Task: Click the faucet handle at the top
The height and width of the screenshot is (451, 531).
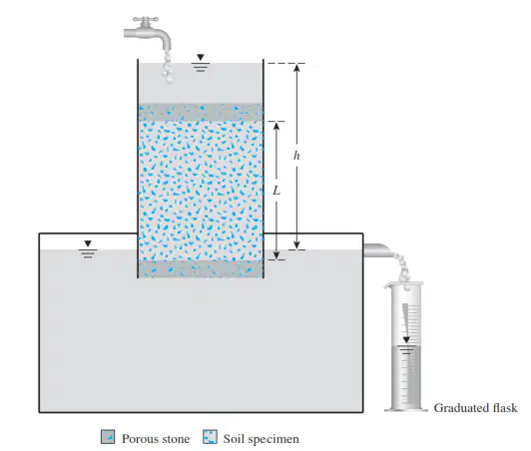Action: coord(146,20)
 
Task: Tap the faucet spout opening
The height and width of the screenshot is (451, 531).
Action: coord(167,49)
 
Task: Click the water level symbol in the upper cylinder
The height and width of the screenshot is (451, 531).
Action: coord(201,63)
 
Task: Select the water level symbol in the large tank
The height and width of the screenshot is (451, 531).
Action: coord(88,249)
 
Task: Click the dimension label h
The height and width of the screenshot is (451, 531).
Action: coord(296,156)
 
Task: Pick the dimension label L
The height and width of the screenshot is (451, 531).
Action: coord(276,192)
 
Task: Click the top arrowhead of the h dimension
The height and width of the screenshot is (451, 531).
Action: coord(296,68)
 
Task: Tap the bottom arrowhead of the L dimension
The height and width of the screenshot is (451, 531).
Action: coord(276,255)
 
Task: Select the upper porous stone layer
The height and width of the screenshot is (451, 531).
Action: coord(201,113)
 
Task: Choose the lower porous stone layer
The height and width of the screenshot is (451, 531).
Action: coord(201,268)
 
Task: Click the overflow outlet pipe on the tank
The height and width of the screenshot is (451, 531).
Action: coord(377,250)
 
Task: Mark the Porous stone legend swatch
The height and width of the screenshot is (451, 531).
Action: coord(108,437)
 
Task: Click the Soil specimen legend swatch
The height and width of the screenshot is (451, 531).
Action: coord(210,437)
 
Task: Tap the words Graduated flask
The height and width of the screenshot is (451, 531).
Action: coord(475,408)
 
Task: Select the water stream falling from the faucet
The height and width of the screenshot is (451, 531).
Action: coord(167,68)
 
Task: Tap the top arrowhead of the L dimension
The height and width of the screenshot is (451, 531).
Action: coord(276,126)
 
